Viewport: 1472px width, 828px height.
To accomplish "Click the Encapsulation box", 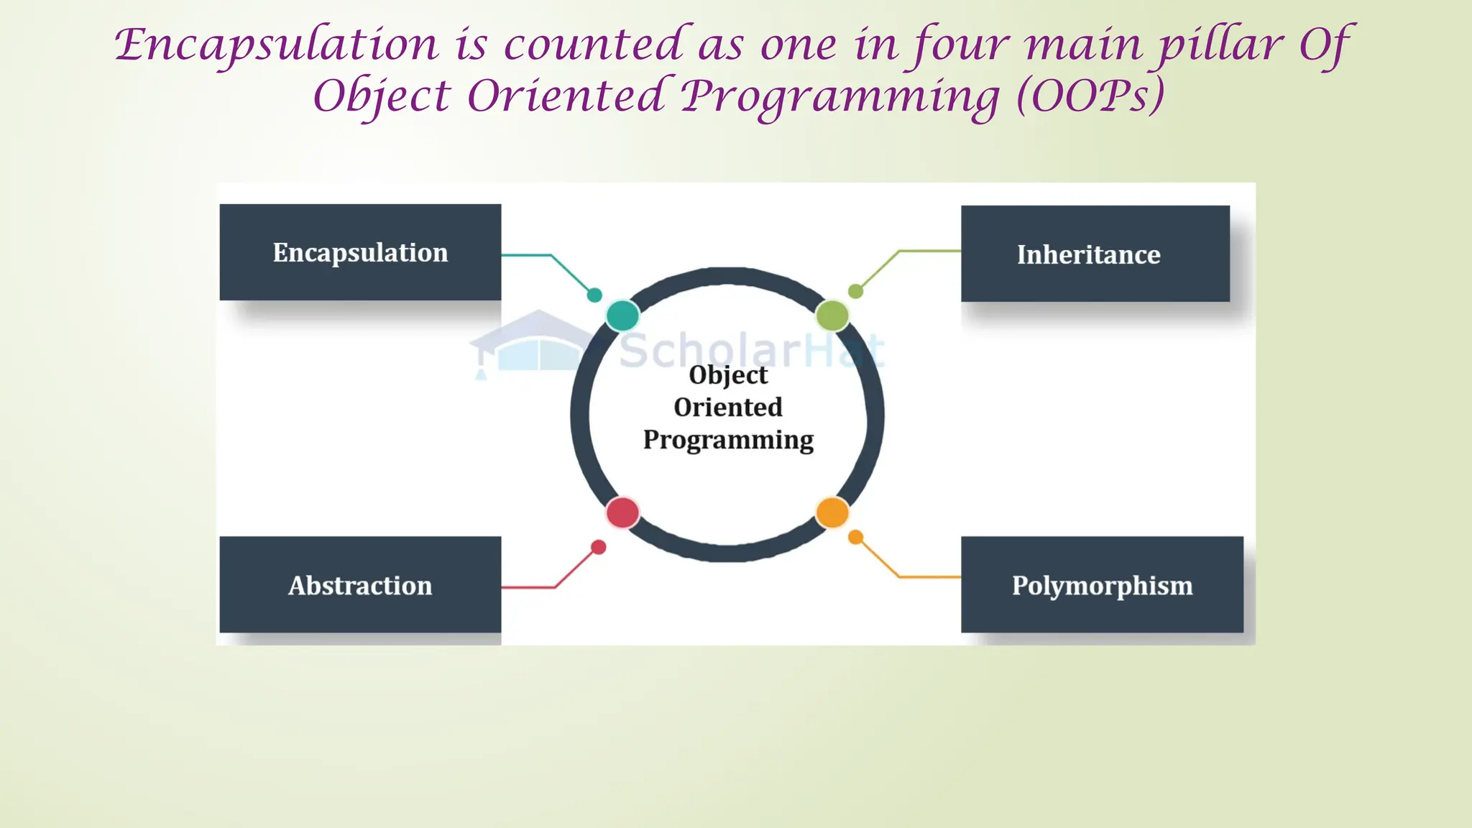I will (360, 252).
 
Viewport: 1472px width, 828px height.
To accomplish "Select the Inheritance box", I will (1095, 254).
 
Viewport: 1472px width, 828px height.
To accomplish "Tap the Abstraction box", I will (360, 584).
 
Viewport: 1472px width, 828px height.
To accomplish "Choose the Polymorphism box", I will (1102, 584).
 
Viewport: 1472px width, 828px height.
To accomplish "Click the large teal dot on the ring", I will (622, 315).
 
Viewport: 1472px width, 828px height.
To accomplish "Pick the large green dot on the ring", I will (832, 315).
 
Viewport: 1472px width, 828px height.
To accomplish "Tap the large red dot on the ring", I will (622, 512).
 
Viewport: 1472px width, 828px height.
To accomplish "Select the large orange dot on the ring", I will (832, 512).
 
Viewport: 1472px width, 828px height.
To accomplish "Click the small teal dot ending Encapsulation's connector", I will (594, 295).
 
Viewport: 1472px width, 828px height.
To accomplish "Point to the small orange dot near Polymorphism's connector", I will (855, 537).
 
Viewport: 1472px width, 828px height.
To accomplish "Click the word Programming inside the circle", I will (728, 439).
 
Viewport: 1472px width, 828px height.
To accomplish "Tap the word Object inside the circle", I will (728, 374).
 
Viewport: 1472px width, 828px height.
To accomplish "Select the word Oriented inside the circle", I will (728, 407).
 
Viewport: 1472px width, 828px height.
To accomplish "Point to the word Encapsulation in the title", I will (277, 45).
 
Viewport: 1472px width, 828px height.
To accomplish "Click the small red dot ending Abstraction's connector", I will (598, 548).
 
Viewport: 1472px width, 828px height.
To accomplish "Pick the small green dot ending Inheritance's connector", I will (855, 291).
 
